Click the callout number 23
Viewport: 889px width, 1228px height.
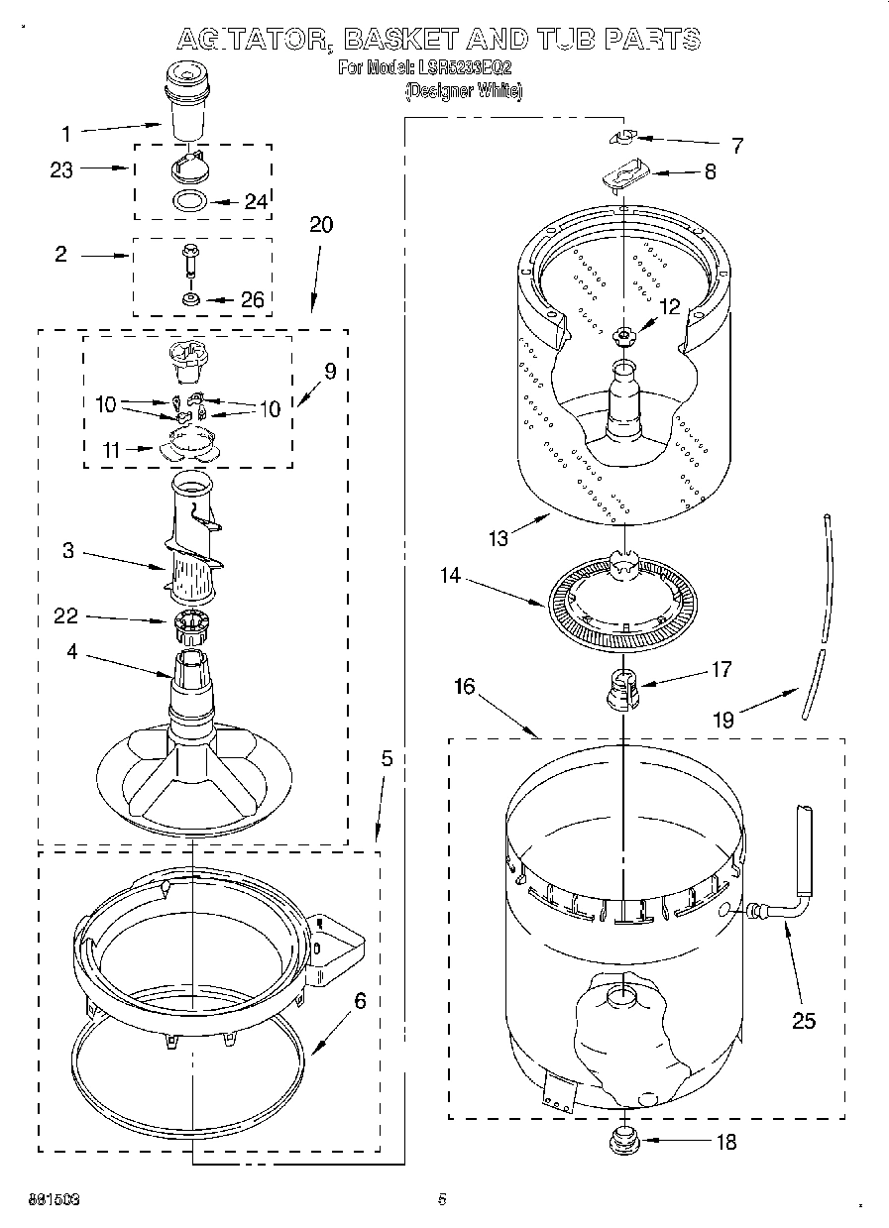tap(61, 169)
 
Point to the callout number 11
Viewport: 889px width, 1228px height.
tap(111, 451)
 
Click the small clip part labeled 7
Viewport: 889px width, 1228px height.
tap(621, 136)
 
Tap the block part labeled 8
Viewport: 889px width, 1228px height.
tap(621, 175)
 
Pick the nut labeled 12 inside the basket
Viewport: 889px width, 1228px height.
tap(622, 336)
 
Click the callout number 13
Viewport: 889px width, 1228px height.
tap(499, 538)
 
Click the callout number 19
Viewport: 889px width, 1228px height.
tap(723, 720)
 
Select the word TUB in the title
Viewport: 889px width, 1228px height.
tap(563, 39)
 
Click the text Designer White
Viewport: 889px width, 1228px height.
tap(464, 90)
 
